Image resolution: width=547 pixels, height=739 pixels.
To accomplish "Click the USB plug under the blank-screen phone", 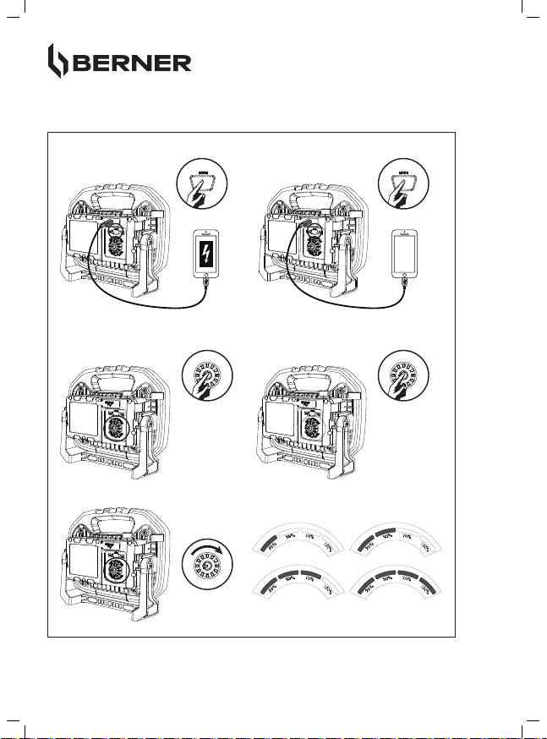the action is tap(408, 290).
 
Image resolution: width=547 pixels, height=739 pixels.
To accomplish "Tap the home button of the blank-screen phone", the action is tap(408, 276).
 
